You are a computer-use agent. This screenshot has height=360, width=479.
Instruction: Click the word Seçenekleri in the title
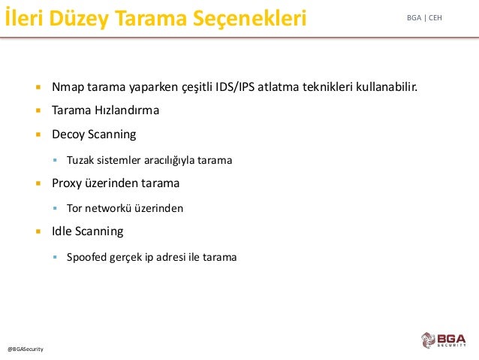point(249,18)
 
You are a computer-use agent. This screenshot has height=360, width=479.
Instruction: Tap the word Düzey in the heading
point(79,19)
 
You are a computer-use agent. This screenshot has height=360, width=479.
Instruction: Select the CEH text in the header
point(435,18)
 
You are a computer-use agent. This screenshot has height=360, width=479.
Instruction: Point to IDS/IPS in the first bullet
point(234,87)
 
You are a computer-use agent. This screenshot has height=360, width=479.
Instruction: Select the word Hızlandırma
point(127,110)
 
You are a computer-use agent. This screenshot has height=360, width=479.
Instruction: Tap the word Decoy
point(68,135)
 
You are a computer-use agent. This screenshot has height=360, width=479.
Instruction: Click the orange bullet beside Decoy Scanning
point(38,135)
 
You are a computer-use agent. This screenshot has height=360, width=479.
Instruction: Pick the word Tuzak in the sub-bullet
point(80,160)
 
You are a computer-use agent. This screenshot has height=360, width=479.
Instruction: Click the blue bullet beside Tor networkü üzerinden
point(55,208)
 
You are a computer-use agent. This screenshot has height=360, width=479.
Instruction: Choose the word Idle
point(62,231)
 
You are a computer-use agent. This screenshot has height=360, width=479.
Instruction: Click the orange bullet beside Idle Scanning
point(38,231)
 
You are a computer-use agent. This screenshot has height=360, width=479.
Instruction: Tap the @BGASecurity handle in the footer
point(26,349)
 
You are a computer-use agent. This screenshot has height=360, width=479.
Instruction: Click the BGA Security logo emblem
point(428,340)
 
